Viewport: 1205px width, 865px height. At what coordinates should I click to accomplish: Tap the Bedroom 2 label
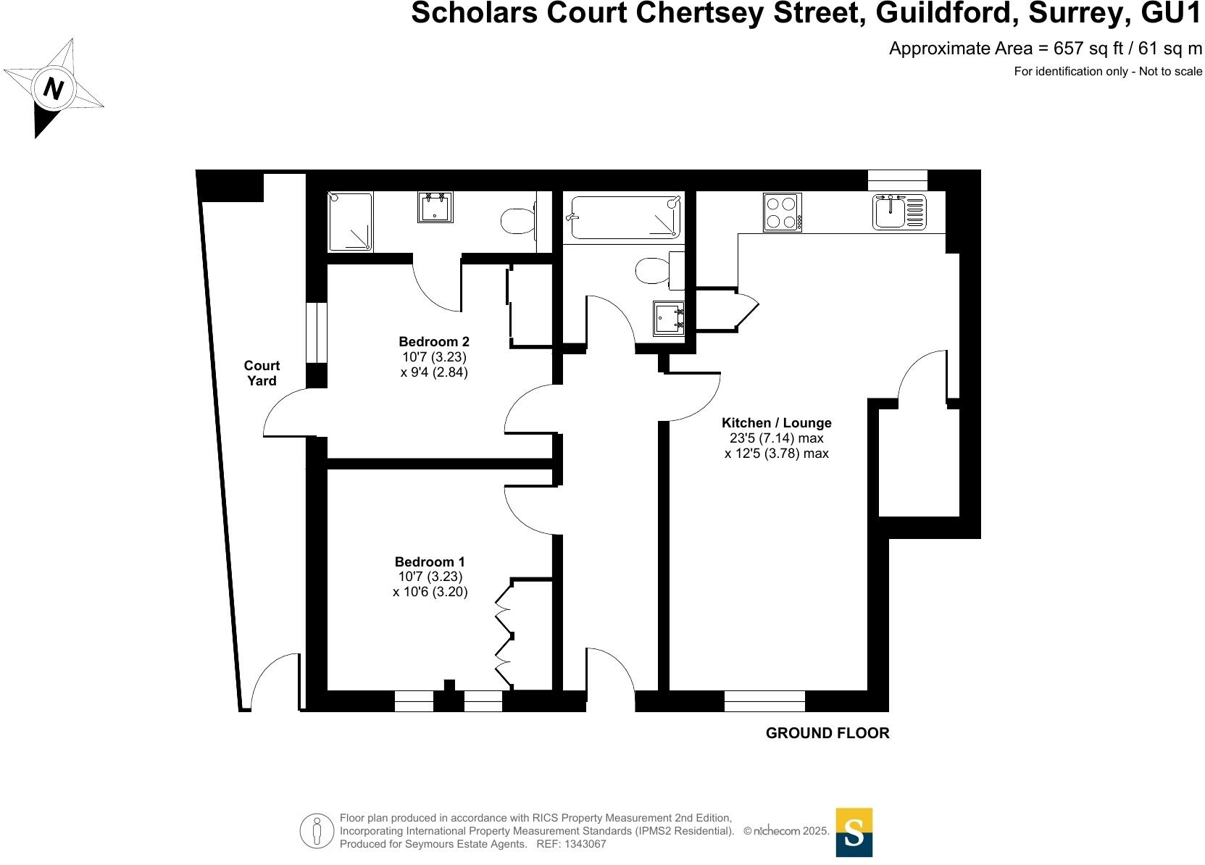[433, 342]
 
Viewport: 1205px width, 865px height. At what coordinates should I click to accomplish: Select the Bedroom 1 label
[429, 561]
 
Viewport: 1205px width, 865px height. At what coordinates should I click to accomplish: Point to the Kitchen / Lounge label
[776, 423]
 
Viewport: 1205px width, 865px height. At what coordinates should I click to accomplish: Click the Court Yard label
[262, 373]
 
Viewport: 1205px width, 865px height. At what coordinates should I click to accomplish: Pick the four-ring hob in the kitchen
[782, 212]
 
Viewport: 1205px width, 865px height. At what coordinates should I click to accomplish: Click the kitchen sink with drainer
[899, 212]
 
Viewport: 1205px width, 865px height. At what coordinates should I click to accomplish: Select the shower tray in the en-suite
[350, 222]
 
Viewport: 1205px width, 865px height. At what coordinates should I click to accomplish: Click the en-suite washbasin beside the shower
[435, 207]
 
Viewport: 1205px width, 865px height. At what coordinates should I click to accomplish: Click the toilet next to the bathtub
[659, 269]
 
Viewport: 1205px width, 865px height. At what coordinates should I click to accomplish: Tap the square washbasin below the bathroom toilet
[669, 319]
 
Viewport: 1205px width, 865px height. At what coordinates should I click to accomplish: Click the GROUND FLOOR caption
[827, 733]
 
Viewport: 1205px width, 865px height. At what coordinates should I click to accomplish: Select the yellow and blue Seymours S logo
[854, 832]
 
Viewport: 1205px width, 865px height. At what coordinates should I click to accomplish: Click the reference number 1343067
[585, 844]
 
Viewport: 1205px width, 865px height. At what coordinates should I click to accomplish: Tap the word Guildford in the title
[947, 14]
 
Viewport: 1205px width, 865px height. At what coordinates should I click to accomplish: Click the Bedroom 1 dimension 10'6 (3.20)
[430, 593]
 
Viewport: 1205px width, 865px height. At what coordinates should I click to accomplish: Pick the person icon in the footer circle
[317, 831]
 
